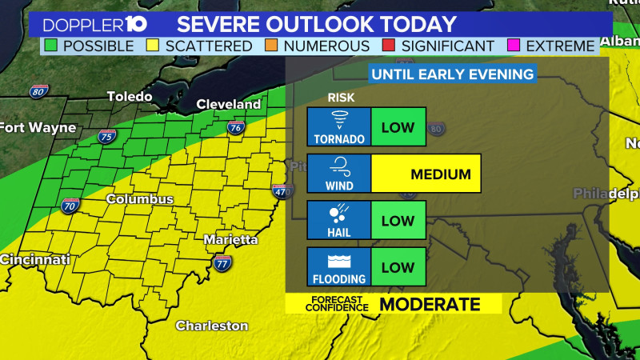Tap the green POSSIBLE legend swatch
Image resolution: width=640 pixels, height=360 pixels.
[52, 46]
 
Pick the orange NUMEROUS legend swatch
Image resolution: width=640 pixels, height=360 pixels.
[273, 46]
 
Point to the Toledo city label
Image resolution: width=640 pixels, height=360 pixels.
[130, 97]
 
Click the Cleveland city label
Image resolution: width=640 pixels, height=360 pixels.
[229, 104]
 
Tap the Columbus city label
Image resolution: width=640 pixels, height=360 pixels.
[140, 198]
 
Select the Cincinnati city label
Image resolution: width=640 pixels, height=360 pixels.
[35, 259]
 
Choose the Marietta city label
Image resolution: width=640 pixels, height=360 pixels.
[231, 239]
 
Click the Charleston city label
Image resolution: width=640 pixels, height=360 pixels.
[211, 326]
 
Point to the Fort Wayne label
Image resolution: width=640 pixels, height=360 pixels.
[38, 127]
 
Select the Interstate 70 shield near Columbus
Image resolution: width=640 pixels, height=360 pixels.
[70, 206]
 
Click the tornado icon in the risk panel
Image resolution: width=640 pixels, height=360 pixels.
[339, 122]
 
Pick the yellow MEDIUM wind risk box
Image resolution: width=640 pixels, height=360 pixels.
[426, 174]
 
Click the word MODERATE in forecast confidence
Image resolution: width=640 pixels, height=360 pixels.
[430, 304]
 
